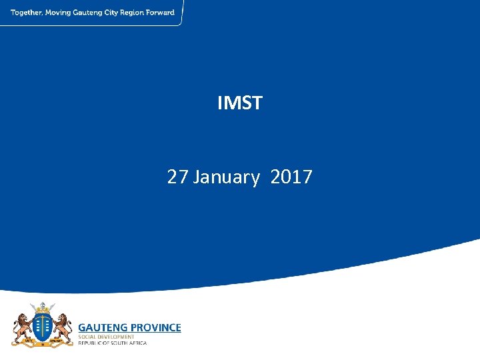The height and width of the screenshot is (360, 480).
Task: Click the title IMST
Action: click(x=240, y=103)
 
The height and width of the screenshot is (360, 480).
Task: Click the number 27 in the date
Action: click(x=177, y=177)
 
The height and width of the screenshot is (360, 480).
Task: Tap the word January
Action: click(x=226, y=177)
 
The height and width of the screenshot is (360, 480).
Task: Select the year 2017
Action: click(x=291, y=177)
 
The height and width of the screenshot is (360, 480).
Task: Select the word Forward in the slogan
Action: click(x=162, y=13)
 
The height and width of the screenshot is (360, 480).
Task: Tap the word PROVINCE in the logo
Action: click(x=155, y=327)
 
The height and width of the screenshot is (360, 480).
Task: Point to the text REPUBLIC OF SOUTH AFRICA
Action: click(x=113, y=343)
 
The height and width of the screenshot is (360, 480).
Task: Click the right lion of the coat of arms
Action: click(x=63, y=327)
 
